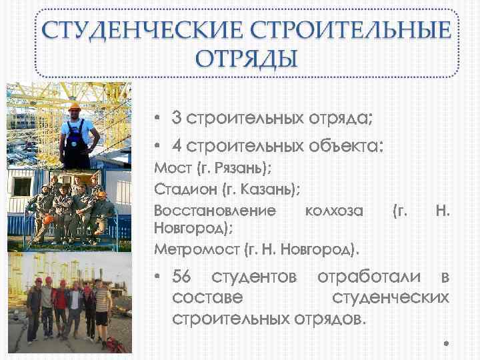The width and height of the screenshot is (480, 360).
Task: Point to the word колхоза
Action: click(x=333, y=211)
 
